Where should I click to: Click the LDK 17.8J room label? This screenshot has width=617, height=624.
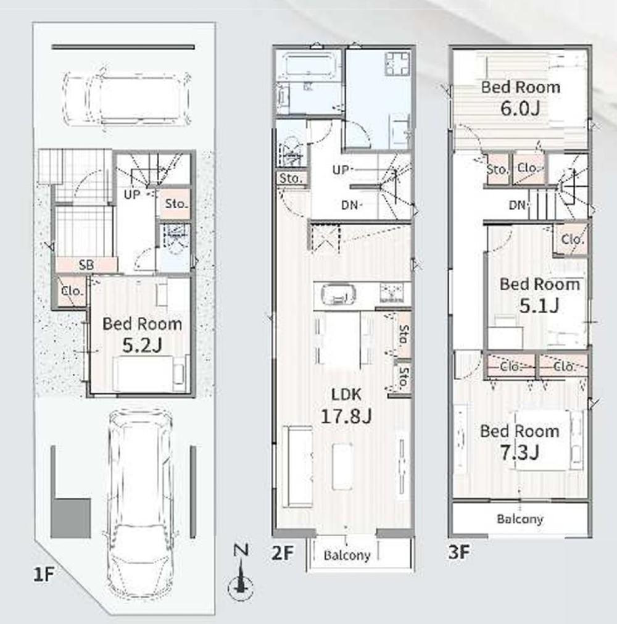tap(346, 405)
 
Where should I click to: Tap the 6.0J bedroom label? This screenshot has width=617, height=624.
tap(520, 98)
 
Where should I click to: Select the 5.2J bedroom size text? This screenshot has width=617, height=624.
tap(142, 335)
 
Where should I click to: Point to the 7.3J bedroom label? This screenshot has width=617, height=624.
tap(520, 442)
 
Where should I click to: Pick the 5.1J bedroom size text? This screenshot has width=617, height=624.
tap(539, 295)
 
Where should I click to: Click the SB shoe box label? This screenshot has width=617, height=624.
tap(86, 265)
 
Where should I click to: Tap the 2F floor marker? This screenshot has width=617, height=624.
tap(283, 553)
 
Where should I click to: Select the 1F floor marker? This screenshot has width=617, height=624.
tap(43, 574)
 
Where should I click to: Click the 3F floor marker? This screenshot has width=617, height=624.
tap(459, 552)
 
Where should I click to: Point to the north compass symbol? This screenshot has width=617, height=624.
tap(241, 573)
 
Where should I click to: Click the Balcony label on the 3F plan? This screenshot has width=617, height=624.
tap(520, 519)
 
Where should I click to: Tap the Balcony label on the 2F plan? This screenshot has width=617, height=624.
tap(347, 555)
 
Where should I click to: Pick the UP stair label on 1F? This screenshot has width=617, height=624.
tap(132, 194)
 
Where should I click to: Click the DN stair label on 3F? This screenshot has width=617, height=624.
tap(517, 205)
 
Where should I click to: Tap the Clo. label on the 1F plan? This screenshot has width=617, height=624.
tap(73, 291)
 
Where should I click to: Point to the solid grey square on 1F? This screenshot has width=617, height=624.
tap(71, 518)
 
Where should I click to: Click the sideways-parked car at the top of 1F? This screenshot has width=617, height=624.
tap(127, 99)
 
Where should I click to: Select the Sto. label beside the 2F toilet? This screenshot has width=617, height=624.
tap(290, 179)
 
